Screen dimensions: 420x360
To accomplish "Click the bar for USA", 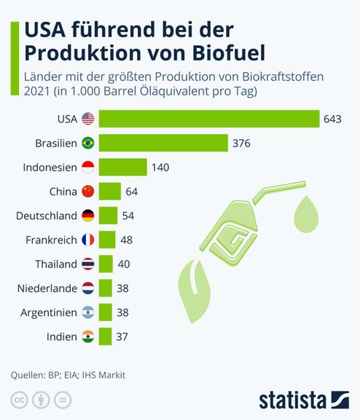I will (209, 119).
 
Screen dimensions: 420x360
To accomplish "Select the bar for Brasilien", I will (163, 143).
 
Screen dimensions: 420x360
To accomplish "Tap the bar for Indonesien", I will (122, 167).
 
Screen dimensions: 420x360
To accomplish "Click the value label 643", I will (333, 119).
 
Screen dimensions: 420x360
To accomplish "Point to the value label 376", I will (241, 143).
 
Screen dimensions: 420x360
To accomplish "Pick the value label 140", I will (160, 167).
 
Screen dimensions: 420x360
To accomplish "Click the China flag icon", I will (88, 191).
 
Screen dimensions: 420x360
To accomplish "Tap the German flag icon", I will (88, 215).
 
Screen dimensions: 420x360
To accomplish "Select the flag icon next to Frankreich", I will (88, 239).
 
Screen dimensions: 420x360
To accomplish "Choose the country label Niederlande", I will (47, 288).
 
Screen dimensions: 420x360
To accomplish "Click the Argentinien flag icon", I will (88, 312).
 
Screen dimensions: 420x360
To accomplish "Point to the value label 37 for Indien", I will (122, 336).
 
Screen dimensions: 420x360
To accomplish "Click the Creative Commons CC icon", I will (19, 400).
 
